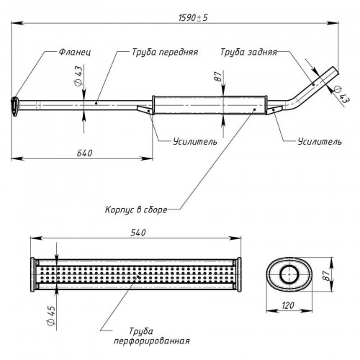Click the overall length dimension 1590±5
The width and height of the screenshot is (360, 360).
[193, 18]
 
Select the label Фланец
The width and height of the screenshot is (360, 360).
[75, 52]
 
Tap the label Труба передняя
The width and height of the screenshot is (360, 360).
[165, 53]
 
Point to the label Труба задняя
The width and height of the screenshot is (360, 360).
[248, 53]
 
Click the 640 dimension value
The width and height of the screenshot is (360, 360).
[84, 153]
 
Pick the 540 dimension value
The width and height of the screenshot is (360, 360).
[138, 233]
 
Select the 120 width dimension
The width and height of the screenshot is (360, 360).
[288, 305]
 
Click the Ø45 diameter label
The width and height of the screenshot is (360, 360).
[51, 315]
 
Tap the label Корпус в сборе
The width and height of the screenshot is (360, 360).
[136, 210]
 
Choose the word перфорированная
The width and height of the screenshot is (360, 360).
[152, 341]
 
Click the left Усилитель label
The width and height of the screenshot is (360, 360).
[195, 142]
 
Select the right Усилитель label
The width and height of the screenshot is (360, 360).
[320, 142]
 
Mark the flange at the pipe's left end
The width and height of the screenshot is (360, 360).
[15, 107]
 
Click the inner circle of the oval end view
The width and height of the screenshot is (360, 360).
[289, 274]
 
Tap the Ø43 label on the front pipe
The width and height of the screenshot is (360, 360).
[78, 75]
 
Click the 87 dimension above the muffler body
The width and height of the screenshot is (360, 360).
[218, 76]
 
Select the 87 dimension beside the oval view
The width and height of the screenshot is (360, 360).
[325, 274]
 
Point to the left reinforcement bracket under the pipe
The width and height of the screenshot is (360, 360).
[145, 109]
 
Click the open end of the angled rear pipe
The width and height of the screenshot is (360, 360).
[336, 71]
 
